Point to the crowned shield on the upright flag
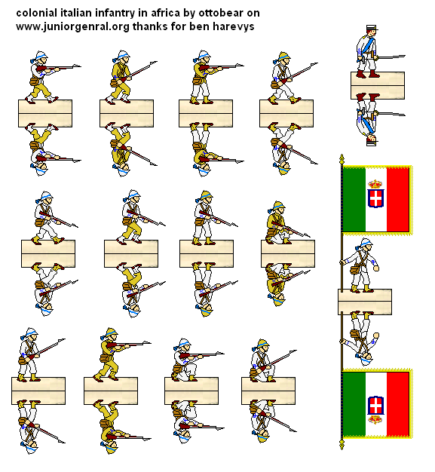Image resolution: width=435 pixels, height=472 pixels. (375, 196)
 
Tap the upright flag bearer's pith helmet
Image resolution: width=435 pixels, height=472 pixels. (365, 244)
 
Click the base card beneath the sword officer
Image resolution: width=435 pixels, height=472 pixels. (377, 84)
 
